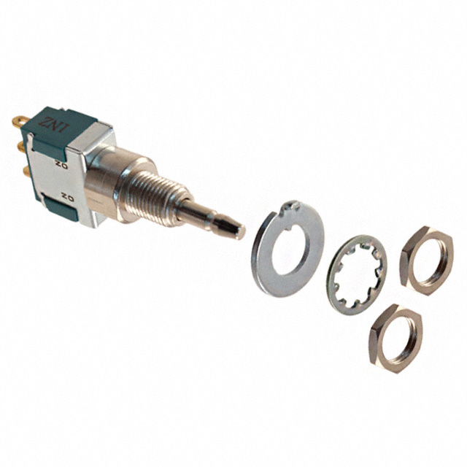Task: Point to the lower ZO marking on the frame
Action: click(67, 196)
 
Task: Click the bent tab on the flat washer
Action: click(291, 209)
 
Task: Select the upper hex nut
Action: click(426, 257)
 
